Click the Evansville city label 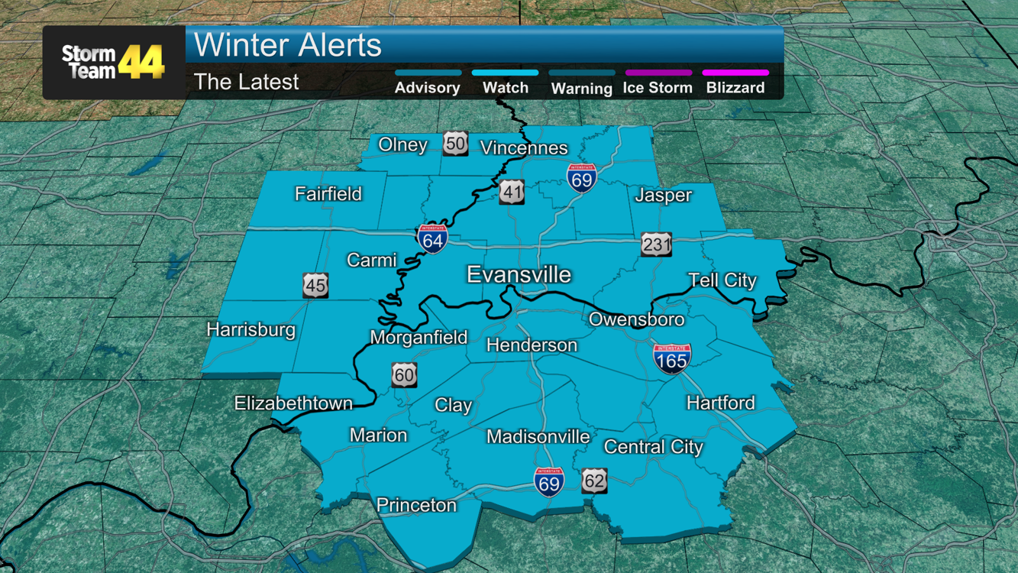[519, 274]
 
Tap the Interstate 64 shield [432, 240]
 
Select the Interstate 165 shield [672, 358]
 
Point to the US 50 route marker [455, 144]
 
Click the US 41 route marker [512, 193]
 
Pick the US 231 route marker [656, 244]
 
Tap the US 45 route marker [315, 286]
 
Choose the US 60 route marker [404, 375]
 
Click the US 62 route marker [594, 481]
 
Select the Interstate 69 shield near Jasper [582, 177]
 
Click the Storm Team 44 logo [113, 63]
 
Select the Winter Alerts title [288, 45]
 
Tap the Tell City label [722, 280]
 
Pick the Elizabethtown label [293, 403]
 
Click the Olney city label [402, 144]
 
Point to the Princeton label [416, 505]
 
